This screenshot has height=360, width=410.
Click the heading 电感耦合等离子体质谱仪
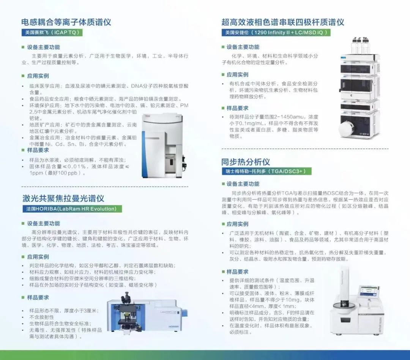tap(66, 22)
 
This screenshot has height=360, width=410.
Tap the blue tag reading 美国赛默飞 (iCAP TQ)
tap(52, 32)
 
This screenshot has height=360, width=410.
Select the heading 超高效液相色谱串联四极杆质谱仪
tap(283, 22)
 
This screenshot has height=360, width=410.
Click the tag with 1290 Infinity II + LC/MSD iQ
tap(276, 32)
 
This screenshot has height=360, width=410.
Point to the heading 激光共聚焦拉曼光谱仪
tap(63, 198)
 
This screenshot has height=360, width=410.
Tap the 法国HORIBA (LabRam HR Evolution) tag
tap(72, 209)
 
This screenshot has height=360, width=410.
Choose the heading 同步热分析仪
tap(246, 162)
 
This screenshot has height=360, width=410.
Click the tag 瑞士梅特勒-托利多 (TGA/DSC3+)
tap(267, 171)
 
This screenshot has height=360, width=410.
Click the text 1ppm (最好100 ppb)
tap(58, 173)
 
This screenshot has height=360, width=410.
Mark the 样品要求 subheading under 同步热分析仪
tap(237, 272)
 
